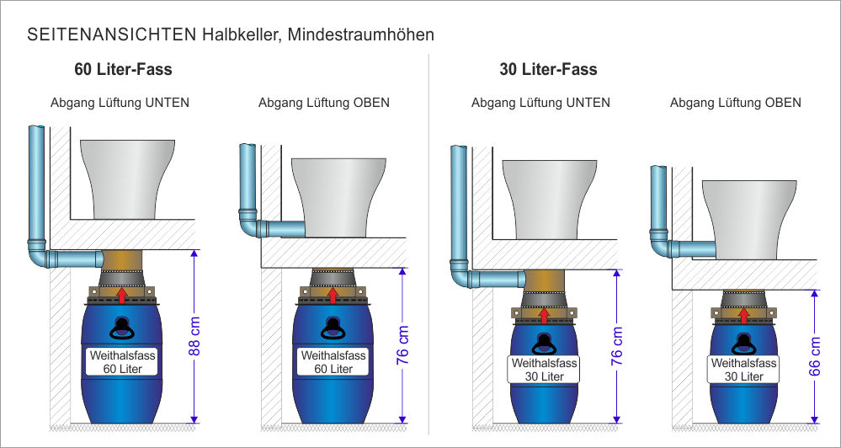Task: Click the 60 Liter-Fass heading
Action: coord(123,70)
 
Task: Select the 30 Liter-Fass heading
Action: coord(548,70)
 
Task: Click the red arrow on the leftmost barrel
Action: coord(123,295)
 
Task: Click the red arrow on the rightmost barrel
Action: coord(743,314)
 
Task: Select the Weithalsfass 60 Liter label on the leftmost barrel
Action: coord(123,362)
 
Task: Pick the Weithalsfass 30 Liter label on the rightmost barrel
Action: coord(743,370)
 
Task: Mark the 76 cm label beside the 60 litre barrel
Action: coord(403,345)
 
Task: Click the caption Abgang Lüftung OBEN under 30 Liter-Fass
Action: coord(735,103)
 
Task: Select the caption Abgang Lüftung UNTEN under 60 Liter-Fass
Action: coord(120,103)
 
